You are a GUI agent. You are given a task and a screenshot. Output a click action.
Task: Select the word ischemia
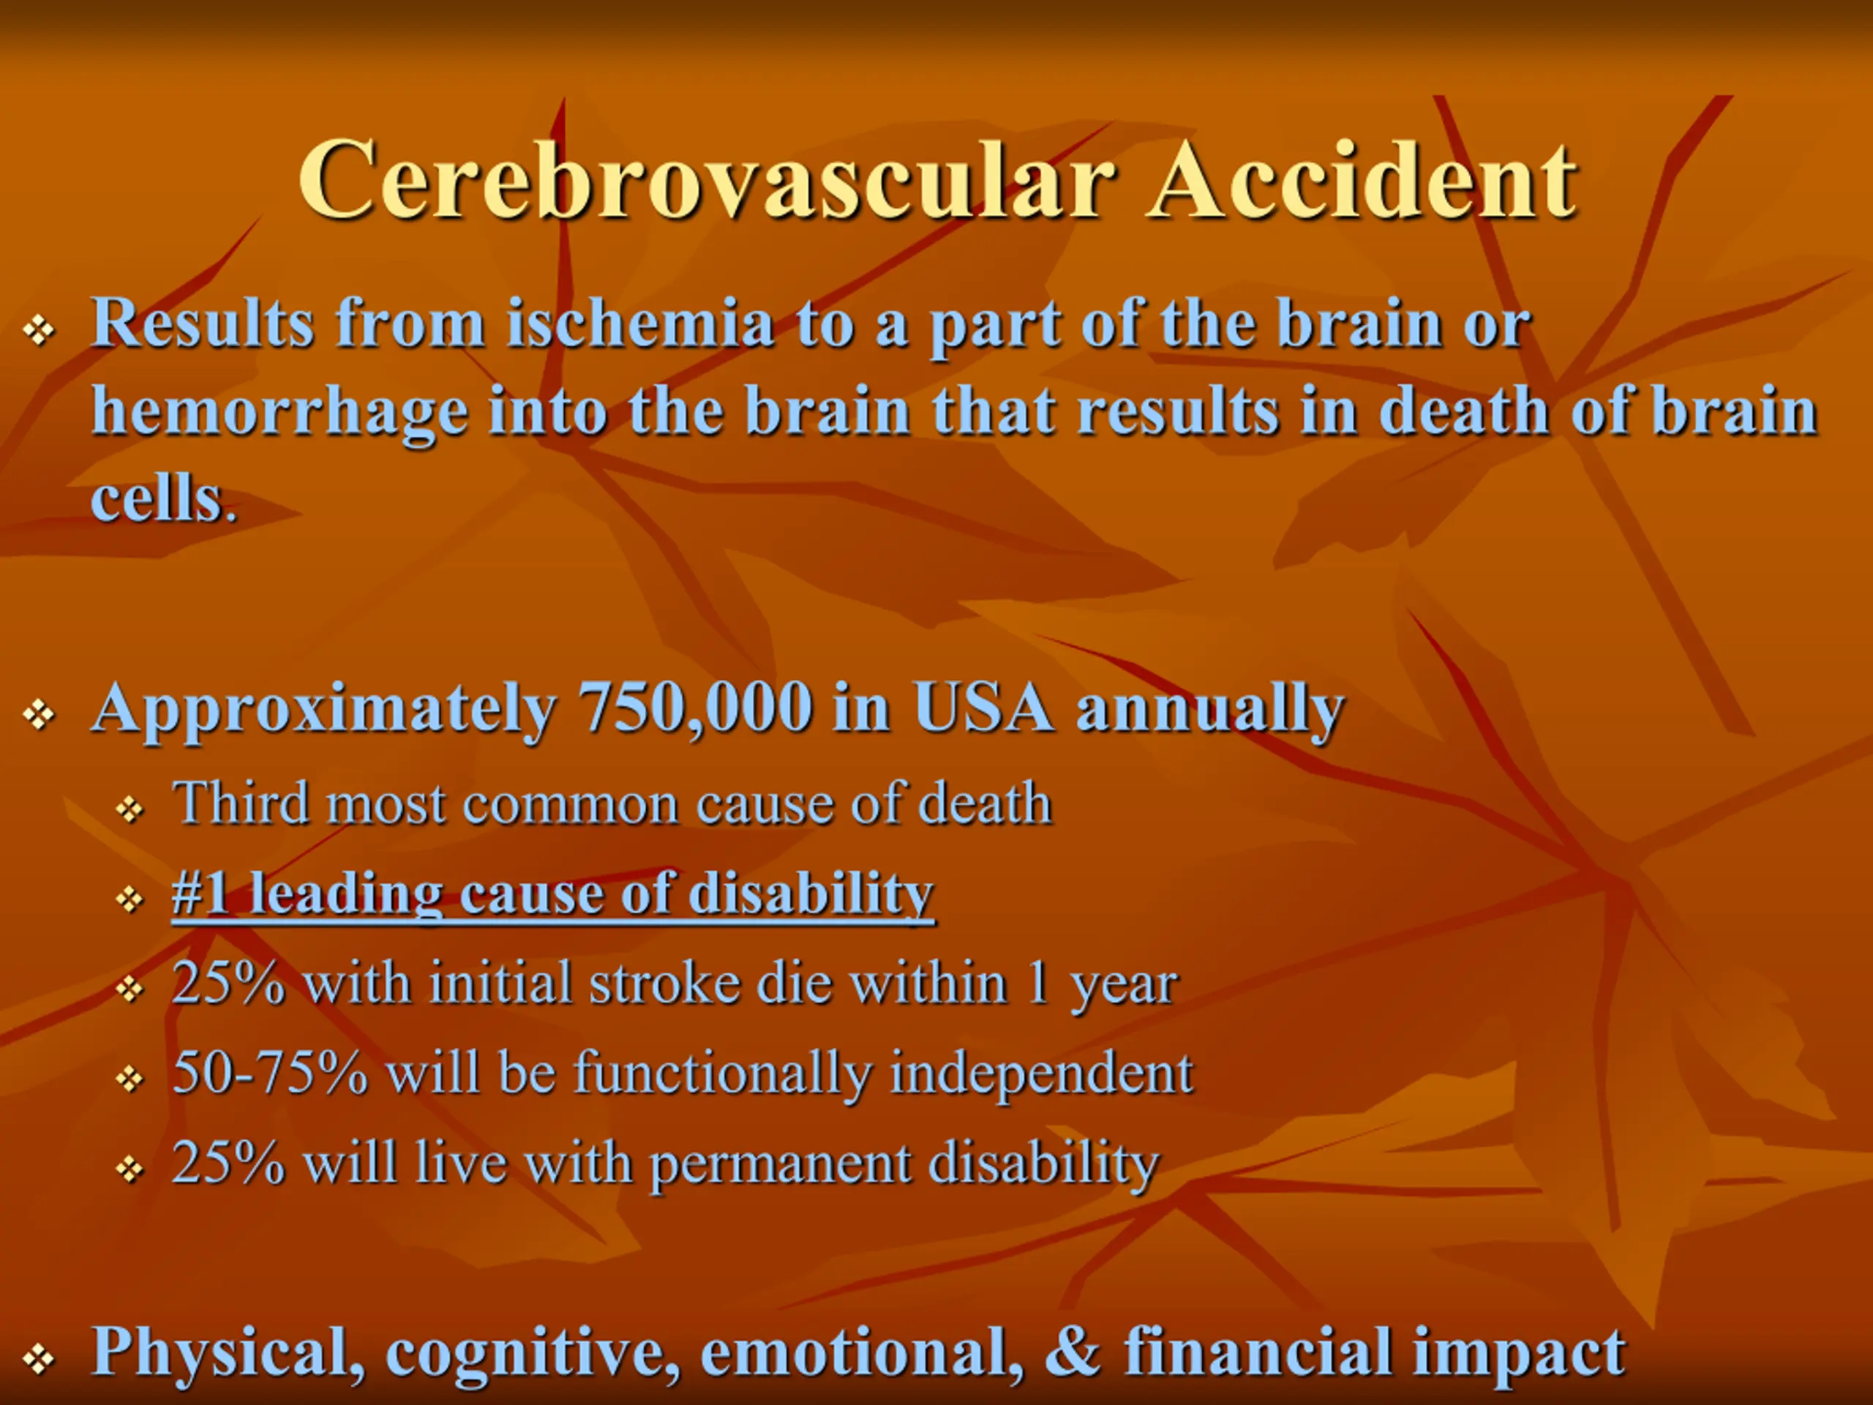click(x=640, y=323)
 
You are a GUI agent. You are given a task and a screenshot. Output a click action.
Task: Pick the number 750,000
click(x=694, y=709)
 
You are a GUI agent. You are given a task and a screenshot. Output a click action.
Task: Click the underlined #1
click(x=200, y=892)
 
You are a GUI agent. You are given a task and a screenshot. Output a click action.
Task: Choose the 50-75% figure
click(x=270, y=1072)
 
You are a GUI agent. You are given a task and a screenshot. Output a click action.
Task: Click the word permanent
click(x=779, y=1164)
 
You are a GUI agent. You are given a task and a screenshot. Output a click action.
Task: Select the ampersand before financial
click(x=1073, y=1351)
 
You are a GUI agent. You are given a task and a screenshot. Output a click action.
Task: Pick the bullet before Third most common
click(x=130, y=809)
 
